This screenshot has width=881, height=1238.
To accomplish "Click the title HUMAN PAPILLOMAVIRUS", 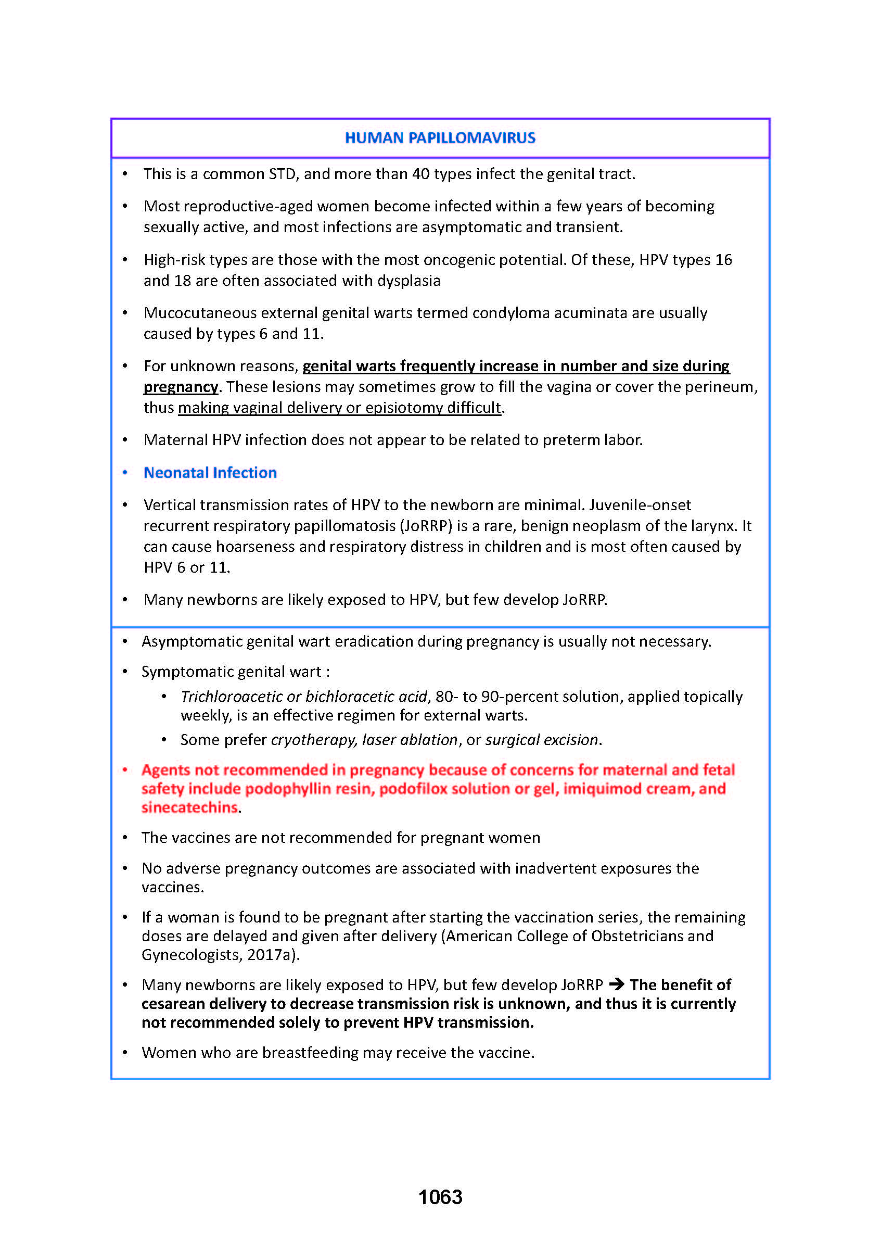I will coord(440,138).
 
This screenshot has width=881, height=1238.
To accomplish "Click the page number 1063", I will coord(440,1197).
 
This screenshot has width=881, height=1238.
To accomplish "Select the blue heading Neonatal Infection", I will coord(210,473).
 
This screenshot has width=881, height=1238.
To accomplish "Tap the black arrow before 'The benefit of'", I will coord(616,984).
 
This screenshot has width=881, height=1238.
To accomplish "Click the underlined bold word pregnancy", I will coord(181,387).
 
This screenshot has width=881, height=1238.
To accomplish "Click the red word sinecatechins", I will coord(189,807).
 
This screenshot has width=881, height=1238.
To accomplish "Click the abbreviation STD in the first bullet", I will coord(282,174).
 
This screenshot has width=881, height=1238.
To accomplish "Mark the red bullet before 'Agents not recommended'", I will coord(125,769).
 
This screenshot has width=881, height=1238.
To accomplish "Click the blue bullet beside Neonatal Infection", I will coord(125,473).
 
